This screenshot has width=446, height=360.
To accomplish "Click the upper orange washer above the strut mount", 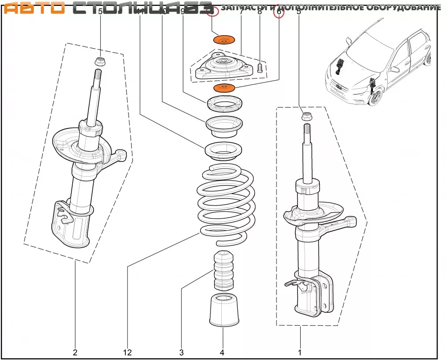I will (x=225, y=40).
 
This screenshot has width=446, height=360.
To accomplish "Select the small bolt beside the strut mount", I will (x=260, y=68).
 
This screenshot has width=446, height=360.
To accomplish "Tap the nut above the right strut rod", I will (x=307, y=117).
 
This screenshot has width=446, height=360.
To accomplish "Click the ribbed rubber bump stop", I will (x=224, y=271).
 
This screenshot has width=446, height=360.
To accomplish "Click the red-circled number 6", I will (x=280, y=12).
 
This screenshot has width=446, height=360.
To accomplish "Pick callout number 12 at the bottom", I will (x=128, y=352).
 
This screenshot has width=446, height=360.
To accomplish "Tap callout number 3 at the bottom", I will (x=182, y=352).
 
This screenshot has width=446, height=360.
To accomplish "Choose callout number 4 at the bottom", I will (x=222, y=352).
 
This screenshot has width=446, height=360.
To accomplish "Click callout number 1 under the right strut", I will (x=300, y=352).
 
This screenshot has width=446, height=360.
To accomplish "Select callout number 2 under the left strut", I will (x=75, y=352).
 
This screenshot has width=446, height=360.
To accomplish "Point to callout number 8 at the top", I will (x=260, y=12).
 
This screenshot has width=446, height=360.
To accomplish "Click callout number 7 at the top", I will (x=241, y=12).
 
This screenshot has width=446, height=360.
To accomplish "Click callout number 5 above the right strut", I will (x=298, y=12).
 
